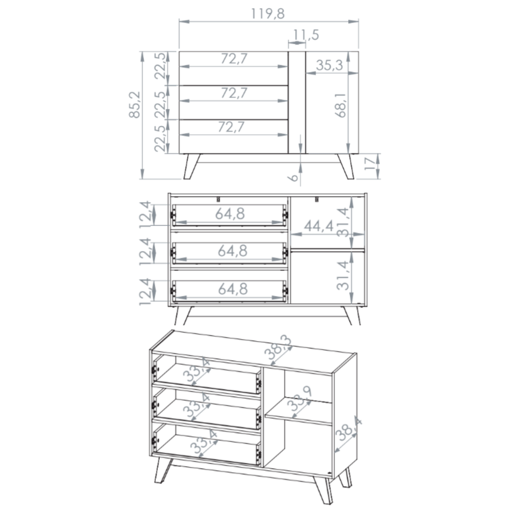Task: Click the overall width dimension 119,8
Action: (268, 14)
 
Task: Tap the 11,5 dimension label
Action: (306, 35)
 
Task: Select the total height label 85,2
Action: (134, 104)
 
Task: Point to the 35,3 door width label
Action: (329, 65)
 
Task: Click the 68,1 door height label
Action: (341, 105)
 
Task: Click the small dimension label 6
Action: (293, 177)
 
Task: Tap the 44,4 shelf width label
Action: (319, 226)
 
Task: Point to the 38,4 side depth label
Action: (348, 429)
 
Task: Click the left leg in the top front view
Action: (192, 166)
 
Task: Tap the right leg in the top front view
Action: (346, 166)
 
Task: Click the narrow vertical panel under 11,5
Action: (297, 102)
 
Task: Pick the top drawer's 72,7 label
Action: (234, 59)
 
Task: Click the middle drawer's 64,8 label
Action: (233, 251)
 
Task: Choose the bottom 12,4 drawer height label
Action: (145, 292)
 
